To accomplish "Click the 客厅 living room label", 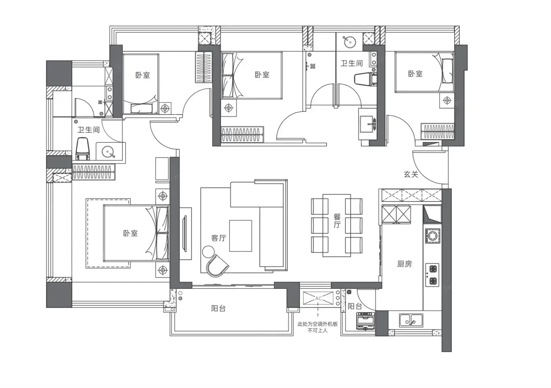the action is point(218,238).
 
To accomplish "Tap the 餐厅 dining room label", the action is point(337,220).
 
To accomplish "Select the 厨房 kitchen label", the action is point(405,264).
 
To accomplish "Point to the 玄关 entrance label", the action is point(411,174).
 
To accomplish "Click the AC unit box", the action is point(318,298).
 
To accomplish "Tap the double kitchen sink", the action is point(410,320).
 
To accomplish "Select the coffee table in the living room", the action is point(240,236).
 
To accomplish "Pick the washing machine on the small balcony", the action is point(365,321).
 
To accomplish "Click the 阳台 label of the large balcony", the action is point(218,309).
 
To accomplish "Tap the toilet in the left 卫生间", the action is point(82,148).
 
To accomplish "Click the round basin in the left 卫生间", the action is point(109,152).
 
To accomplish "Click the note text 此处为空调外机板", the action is point(318,324).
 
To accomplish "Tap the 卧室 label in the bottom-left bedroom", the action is point(130,233).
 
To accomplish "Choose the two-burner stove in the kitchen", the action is point(433,275).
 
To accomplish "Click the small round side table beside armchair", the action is point(208,251).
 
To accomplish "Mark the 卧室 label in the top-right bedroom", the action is point(415,74).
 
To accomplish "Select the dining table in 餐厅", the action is point(337,225).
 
